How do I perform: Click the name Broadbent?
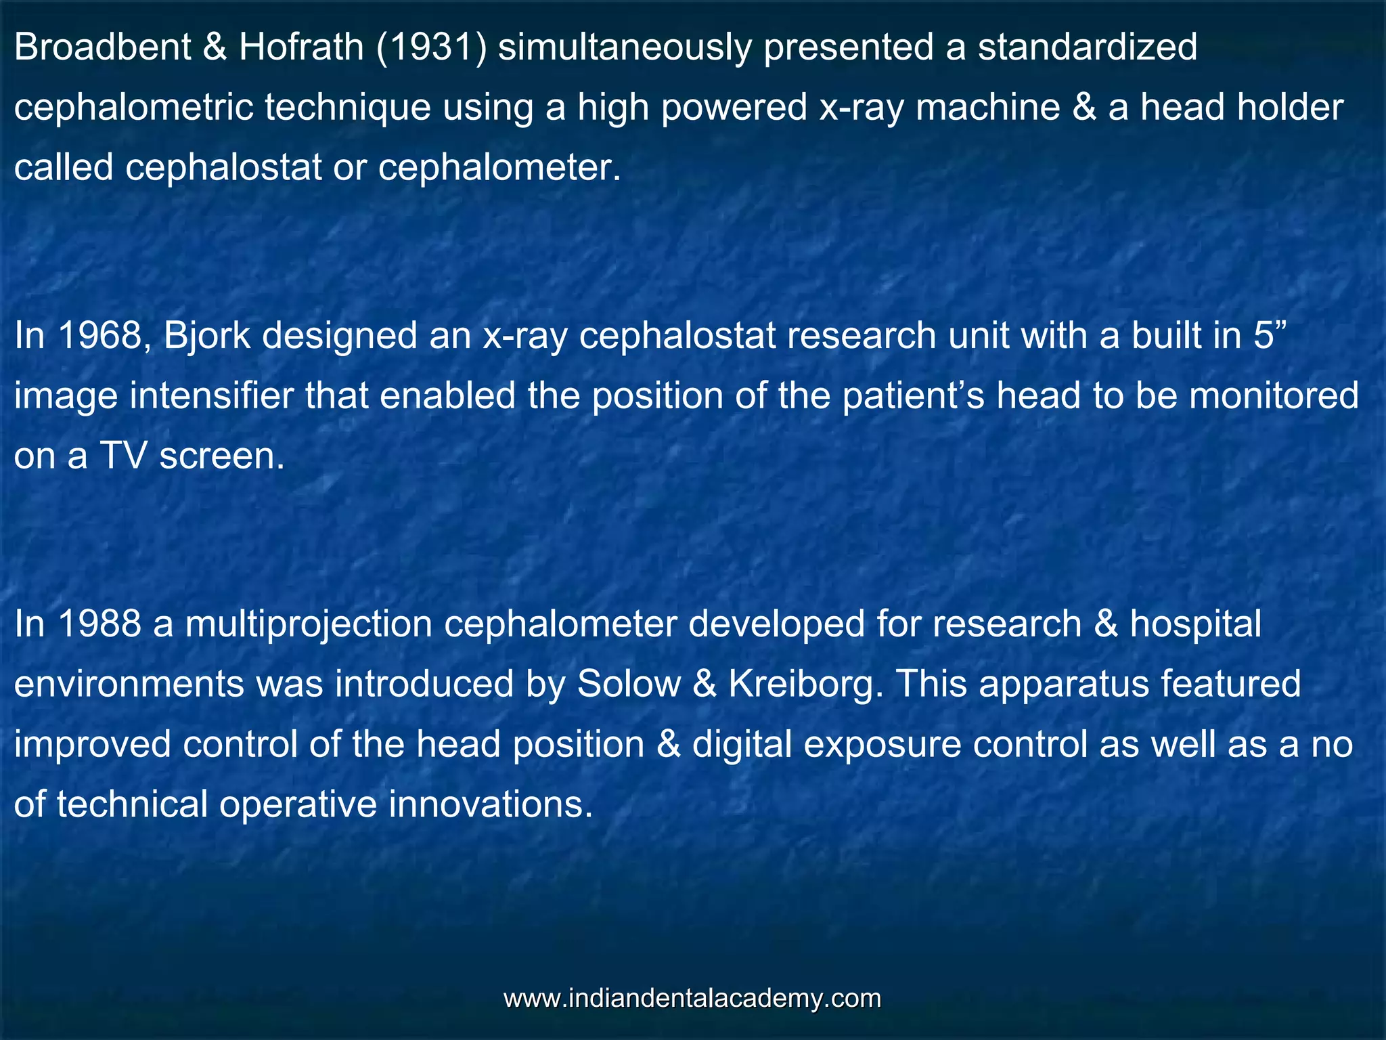coord(102,47)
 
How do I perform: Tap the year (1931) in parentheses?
coord(430,47)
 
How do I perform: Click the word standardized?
coord(1087,47)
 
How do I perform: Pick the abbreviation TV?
coord(123,456)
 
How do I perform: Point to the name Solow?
coord(629,685)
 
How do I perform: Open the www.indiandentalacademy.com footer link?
coord(692,999)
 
